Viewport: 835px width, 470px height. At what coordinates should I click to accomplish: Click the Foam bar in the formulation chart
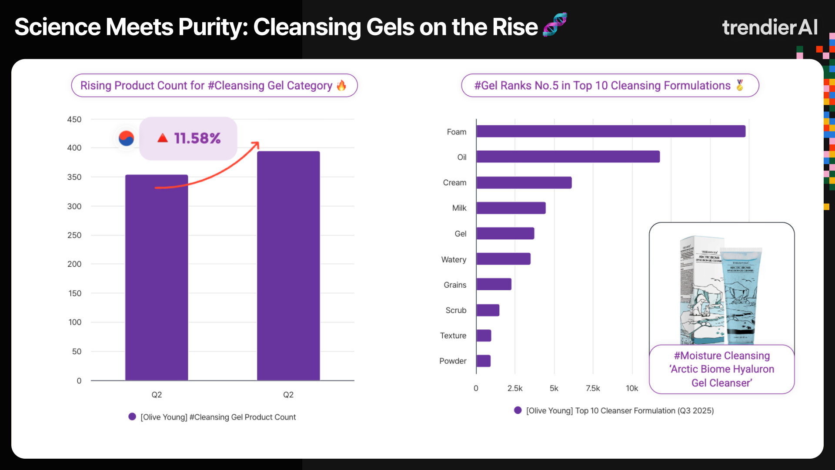pyautogui.click(x=611, y=131)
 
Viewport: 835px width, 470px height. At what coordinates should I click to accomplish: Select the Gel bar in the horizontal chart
pyautogui.click(x=505, y=234)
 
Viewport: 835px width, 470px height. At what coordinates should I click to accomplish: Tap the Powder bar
pyautogui.click(x=484, y=361)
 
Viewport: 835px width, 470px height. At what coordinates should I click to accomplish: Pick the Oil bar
pyautogui.click(x=568, y=157)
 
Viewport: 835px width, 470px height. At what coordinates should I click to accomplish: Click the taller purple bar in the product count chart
pyautogui.click(x=288, y=265)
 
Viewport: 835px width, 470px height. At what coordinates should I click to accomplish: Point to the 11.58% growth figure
pyautogui.click(x=197, y=138)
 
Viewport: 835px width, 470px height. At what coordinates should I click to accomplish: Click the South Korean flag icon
pyautogui.click(x=127, y=138)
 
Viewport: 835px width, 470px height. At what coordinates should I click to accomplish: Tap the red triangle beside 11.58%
pyautogui.click(x=163, y=138)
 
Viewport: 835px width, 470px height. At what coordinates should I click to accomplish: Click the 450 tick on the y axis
pyautogui.click(x=74, y=119)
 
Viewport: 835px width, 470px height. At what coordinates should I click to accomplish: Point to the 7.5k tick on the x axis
pyautogui.click(x=593, y=388)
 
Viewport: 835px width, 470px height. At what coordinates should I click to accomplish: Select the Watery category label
pyautogui.click(x=454, y=259)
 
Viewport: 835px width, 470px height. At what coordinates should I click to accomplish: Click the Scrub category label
pyautogui.click(x=456, y=310)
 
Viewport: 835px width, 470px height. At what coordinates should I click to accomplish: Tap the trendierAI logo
pyautogui.click(x=770, y=27)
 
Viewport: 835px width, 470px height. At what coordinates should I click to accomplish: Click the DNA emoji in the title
pyautogui.click(x=555, y=24)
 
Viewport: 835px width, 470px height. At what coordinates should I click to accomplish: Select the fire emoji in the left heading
pyautogui.click(x=342, y=85)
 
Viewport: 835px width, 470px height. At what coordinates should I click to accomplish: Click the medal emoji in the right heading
pyautogui.click(x=740, y=85)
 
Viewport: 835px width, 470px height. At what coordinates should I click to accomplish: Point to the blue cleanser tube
pyautogui.click(x=741, y=296)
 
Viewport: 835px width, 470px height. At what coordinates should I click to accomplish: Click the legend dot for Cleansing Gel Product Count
pyautogui.click(x=132, y=417)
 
